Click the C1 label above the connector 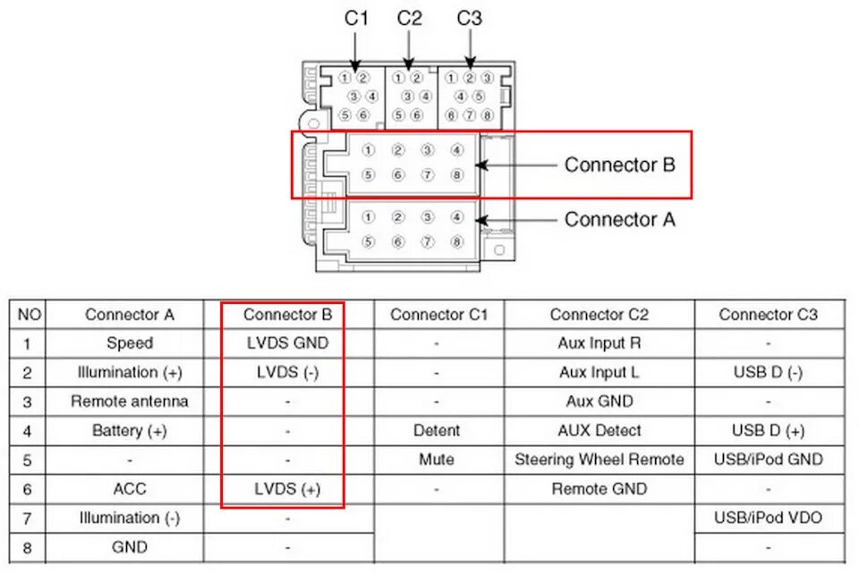point(356,17)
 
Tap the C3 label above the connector point(469,17)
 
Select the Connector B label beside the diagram point(619,165)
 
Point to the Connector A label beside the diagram point(619,219)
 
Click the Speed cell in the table point(130,343)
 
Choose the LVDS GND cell point(287,343)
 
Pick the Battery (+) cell point(130,431)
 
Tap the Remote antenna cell point(130,401)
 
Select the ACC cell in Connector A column point(130,489)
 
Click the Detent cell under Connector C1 point(437,431)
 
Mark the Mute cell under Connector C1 point(437,460)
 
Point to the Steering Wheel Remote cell point(599,460)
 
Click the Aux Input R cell point(599,343)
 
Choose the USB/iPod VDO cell point(768,518)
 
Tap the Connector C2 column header point(599,315)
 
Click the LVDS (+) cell point(287,489)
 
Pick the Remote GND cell point(599,489)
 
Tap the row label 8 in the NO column point(28,547)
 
